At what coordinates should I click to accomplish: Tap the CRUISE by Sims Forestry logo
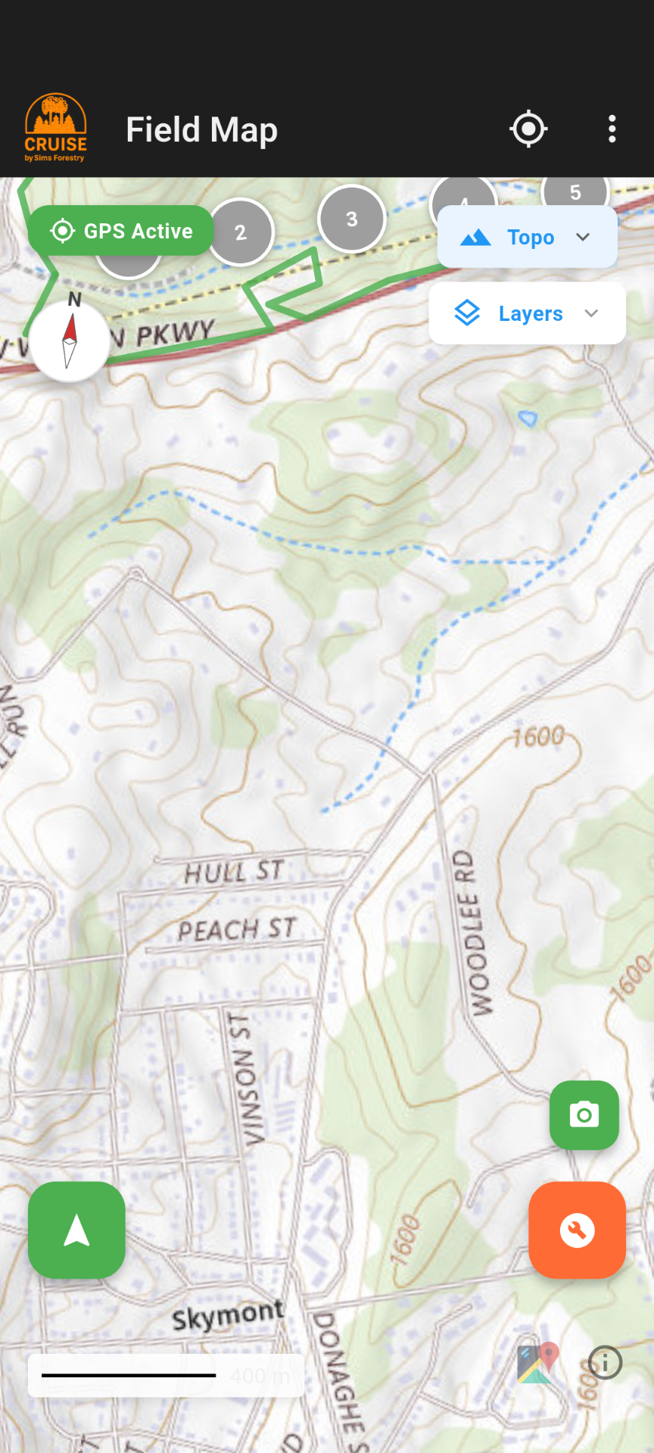coord(55,128)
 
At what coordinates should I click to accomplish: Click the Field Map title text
coord(201,129)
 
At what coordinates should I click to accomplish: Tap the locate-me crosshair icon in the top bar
coord(528,129)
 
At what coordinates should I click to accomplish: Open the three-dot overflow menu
coord(612,129)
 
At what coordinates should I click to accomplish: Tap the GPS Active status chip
coord(121,231)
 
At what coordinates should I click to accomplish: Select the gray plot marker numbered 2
coord(241,232)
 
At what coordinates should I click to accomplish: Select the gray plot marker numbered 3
coord(352,219)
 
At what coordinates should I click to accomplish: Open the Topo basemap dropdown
coord(527,237)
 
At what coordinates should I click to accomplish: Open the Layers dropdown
coord(527,313)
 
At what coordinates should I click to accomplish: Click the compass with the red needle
coord(70,341)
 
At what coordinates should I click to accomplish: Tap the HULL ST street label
coord(234,872)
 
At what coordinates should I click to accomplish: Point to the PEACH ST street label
coord(236,929)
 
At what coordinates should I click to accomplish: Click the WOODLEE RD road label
coord(473,932)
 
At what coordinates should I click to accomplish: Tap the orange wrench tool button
coord(577,1230)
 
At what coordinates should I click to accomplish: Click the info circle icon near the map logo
coord(605,1363)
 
